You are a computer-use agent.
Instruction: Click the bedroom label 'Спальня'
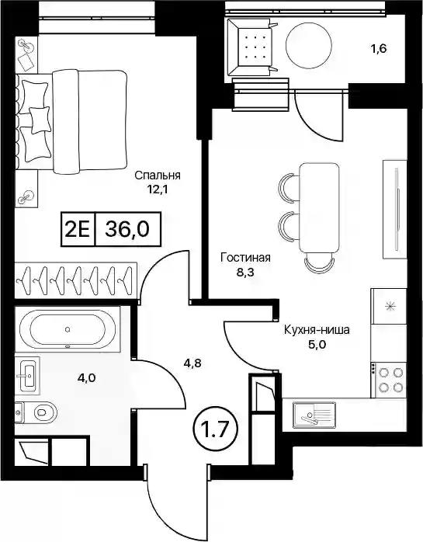tap(158, 175)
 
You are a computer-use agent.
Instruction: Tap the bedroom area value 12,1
tap(158, 189)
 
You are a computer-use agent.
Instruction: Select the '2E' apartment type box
tap(78, 229)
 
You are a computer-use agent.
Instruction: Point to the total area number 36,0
tap(127, 229)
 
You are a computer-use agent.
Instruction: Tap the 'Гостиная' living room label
tap(246, 258)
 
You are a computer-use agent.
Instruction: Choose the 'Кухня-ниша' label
tap(317, 330)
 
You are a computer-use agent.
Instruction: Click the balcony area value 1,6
tap(379, 49)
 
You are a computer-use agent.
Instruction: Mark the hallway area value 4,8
tap(192, 363)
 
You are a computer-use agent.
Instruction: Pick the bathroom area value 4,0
tap(86, 378)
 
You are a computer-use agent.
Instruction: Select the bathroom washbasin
tap(27, 375)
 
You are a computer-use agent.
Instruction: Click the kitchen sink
tap(314, 414)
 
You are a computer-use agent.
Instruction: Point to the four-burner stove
tap(389, 379)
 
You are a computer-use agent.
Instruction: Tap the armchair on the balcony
tap(252, 47)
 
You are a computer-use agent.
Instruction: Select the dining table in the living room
tap(319, 209)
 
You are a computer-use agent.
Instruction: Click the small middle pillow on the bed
tap(39, 120)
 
